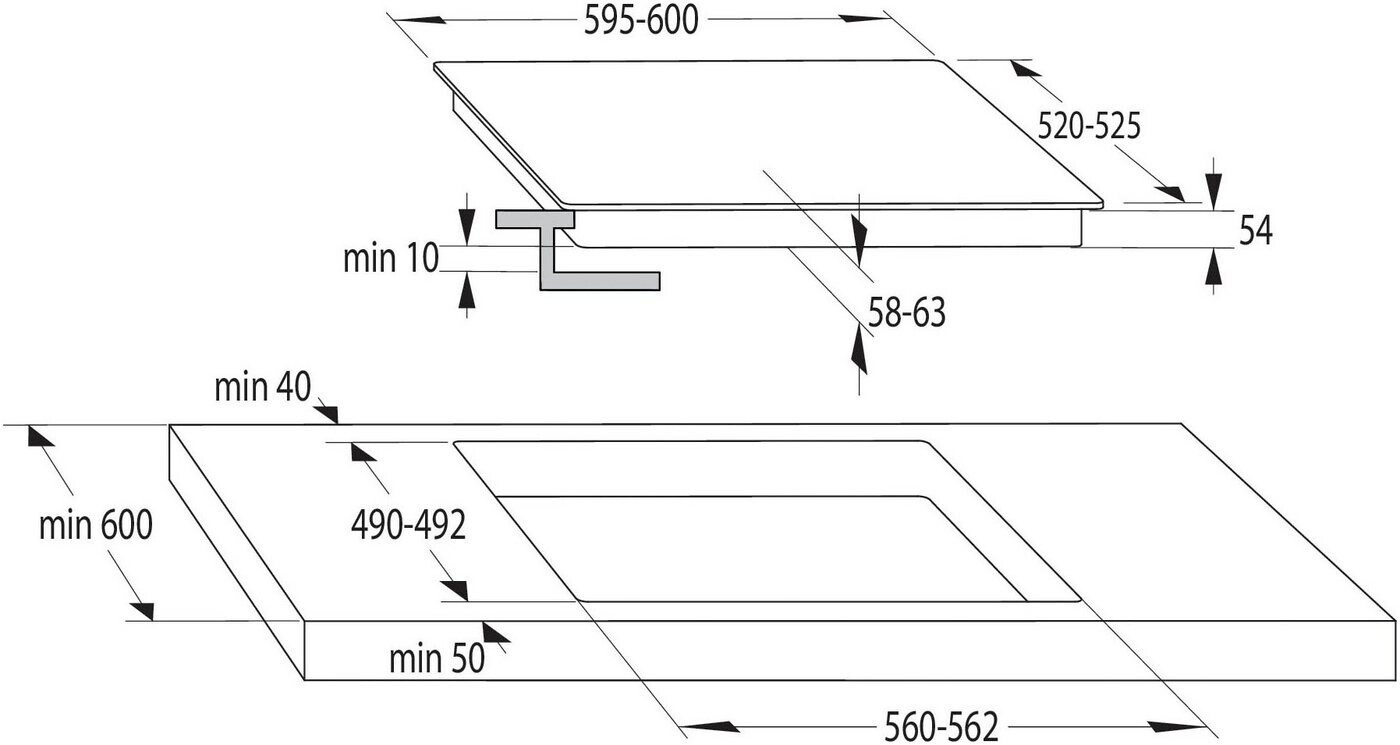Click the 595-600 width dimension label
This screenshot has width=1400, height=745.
click(x=640, y=21)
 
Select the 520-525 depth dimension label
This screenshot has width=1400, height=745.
click(x=1089, y=126)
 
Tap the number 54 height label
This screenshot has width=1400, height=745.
click(x=1255, y=232)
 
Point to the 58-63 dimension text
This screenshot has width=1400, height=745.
click(x=906, y=314)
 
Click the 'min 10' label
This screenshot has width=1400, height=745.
click(x=391, y=259)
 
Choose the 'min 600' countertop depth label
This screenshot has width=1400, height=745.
click(x=95, y=525)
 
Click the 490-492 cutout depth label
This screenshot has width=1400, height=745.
click(x=408, y=525)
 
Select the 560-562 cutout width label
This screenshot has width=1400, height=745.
click(x=941, y=726)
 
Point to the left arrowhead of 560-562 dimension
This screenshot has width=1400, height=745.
click(x=700, y=725)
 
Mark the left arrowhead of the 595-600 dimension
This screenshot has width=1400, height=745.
click(x=412, y=20)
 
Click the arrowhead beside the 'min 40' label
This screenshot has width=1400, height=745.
click(x=326, y=412)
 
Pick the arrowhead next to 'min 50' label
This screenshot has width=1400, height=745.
click(x=495, y=633)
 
